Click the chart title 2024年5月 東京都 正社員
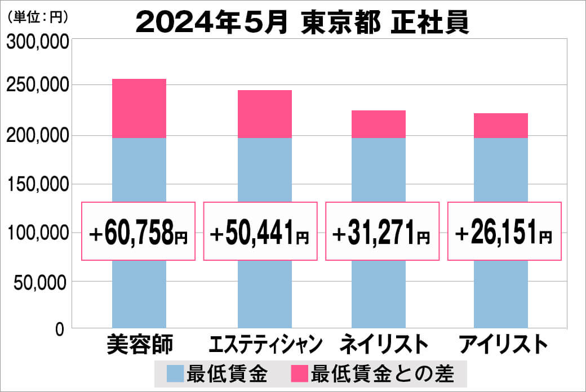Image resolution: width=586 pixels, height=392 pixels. pyautogui.click(x=303, y=23)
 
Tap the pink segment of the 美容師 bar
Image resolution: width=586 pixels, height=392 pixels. pyautogui.click(x=139, y=108)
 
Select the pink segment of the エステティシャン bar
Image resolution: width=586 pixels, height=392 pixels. pyautogui.click(x=264, y=114)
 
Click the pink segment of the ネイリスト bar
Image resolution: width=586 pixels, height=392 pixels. pyautogui.click(x=379, y=124)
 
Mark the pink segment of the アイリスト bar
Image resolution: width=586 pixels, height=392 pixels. pyautogui.click(x=501, y=126)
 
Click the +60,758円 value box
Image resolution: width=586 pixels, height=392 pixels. pyautogui.click(x=139, y=231)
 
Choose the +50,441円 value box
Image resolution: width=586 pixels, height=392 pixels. pyautogui.click(x=260, y=231)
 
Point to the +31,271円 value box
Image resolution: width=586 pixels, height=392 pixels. pyautogui.click(x=383, y=231)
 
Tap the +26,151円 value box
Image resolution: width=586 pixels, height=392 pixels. pyautogui.click(x=504, y=231)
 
